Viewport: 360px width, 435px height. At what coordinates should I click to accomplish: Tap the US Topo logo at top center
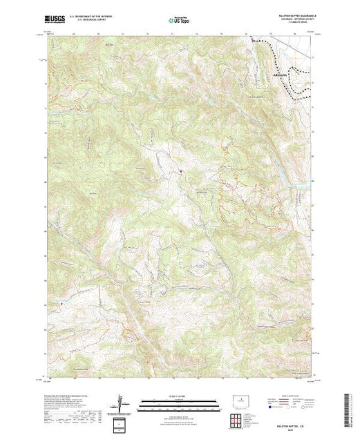pos(181,21)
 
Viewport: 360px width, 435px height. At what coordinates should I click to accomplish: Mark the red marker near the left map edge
pos(61,302)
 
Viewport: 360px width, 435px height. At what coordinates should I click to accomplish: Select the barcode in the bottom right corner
pos(348,408)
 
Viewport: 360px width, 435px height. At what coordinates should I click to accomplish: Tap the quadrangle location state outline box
pos(241,400)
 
